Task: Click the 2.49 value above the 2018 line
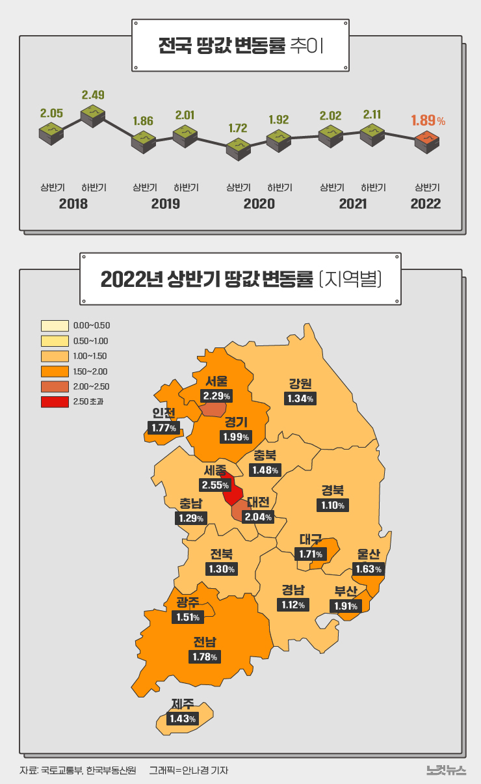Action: [93, 95]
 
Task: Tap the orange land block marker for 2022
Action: [427, 142]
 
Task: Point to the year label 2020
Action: [259, 204]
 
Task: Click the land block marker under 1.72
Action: [239, 148]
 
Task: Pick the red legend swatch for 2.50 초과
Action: [55, 401]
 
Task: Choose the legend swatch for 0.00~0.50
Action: [55, 325]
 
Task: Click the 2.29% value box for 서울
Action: [216, 396]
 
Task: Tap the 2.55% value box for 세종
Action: [215, 485]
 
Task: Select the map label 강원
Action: [300, 383]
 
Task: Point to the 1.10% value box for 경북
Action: [333, 505]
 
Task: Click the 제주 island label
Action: [183, 703]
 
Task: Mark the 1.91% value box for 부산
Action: [345, 606]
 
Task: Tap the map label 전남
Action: [205, 642]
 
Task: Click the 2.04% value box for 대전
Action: [258, 517]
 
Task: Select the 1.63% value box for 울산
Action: [369, 569]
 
